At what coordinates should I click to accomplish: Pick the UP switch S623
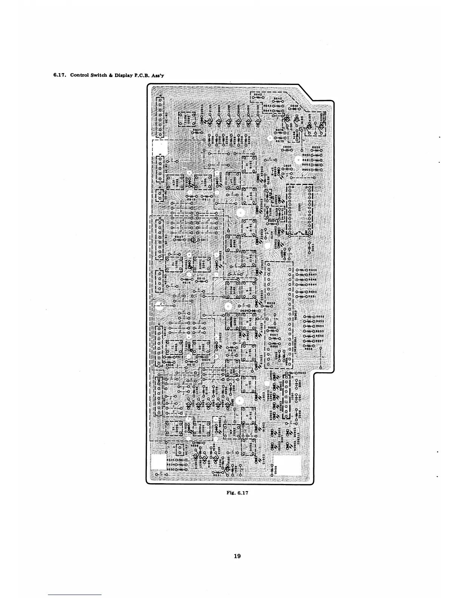pos(234,180)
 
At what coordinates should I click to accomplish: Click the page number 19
pos(237,556)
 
